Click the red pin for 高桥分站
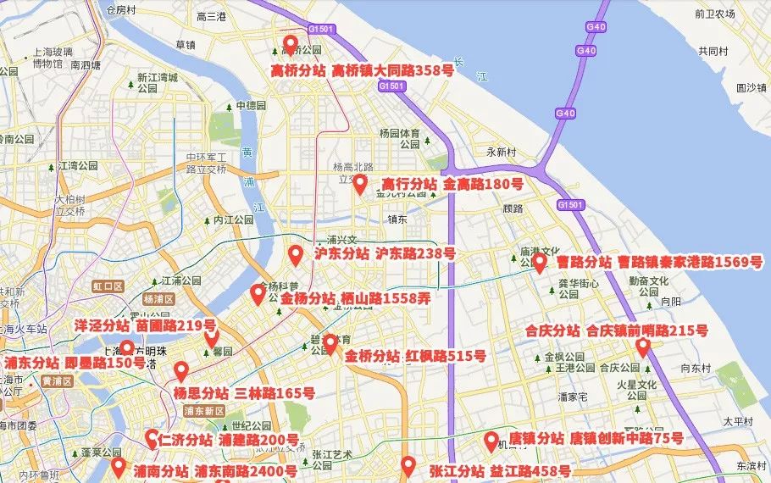[291, 45]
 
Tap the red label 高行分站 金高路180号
[452, 184]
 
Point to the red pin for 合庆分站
[642, 347]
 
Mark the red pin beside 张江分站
[408, 465]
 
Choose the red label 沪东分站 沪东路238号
[385, 253]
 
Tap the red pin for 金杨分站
[258, 294]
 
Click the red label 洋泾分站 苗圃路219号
[146, 325]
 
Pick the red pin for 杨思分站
[181, 371]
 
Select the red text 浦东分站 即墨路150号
[75, 363]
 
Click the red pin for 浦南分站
[118, 467]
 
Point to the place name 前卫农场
[713, 14]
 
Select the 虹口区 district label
[108, 287]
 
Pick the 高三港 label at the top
[211, 17]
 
